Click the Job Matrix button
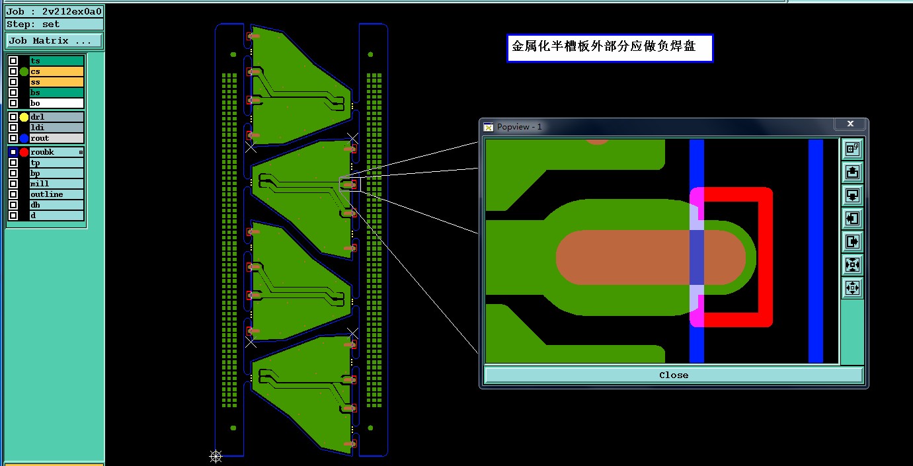pyautogui.click(x=54, y=41)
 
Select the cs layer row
pyautogui.click(x=56, y=71)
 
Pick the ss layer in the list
pyautogui.click(x=56, y=82)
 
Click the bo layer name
pyautogui.click(x=56, y=103)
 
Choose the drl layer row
pyautogui.click(x=56, y=117)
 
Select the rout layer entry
pyautogui.click(x=56, y=138)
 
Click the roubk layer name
pyautogui.click(x=53, y=152)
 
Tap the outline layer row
pyautogui.click(x=56, y=194)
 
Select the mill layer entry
pyautogui.click(x=56, y=184)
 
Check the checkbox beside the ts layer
pyautogui.click(x=13, y=61)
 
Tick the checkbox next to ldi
pyautogui.click(x=13, y=128)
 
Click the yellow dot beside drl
pyautogui.click(x=24, y=117)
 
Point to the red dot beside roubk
pyautogui.click(x=24, y=152)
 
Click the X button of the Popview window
pyautogui.click(x=850, y=124)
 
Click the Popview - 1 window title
pyautogui.click(x=520, y=127)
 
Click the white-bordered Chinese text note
pyautogui.click(x=610, y=48)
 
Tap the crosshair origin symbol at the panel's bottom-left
pyautogui.click(x=216, y=455)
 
